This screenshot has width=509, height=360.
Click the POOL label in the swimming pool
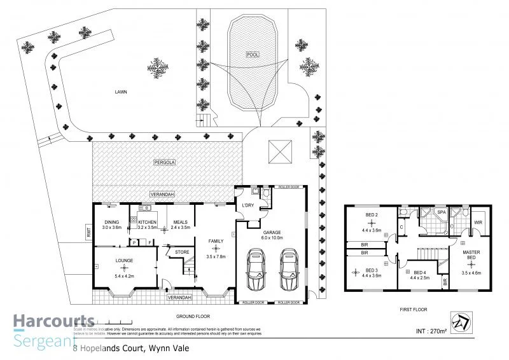pyautogui.click(x=253, y=55)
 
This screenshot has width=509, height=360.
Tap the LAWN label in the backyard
pyautogui.click(x=122, y=92)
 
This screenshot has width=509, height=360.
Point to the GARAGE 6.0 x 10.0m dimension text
pyautogui.click(x=272, y=235)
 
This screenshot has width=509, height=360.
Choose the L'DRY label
pyautogui.click(x=248, y=205)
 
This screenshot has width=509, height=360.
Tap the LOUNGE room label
pyautogui.click(x=123, y=260)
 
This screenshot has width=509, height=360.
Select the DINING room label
pyautogui.click(x=111, y=222)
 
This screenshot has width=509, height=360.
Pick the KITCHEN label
pyautogui.click(x=147, y=222)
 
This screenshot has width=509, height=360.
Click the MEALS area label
pyautogui.click(x=181, y=222)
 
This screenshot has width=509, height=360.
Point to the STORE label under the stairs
pyautogui.click(x=182, y=252)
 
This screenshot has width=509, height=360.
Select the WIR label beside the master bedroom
pyautogui.click(x=478, y=222)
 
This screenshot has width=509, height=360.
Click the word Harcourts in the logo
pyautogui.click(x=53, y=321)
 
